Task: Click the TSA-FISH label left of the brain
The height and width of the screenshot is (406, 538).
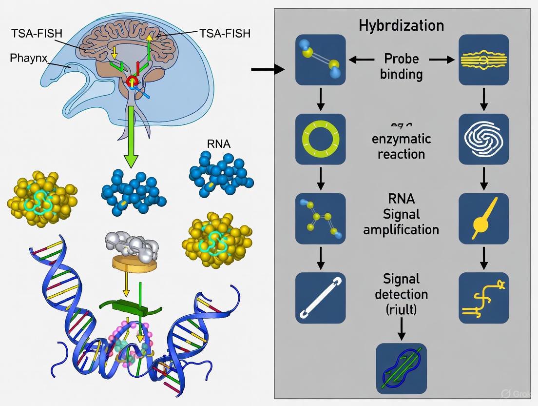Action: click(37, 34)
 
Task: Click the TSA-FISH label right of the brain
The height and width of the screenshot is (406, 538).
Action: click(225, 33)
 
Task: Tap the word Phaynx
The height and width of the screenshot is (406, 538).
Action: click(29, 59)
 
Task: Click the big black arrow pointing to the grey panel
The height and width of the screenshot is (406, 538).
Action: click(268, 70)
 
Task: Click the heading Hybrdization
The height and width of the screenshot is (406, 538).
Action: click(401, 25)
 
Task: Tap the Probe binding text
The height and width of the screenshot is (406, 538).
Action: click(402, 66)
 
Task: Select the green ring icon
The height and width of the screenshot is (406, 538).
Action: click(320, 139)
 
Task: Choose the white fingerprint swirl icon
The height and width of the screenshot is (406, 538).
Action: click(484, 139)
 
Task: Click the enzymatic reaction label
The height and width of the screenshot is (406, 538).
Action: click(402, 146)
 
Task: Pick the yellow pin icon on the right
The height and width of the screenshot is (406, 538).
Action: click(484, 218)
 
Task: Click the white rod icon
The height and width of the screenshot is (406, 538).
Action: click(320, 298)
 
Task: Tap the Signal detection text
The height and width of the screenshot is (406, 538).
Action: click(402, 286)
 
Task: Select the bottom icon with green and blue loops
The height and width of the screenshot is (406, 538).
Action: click(401, 368)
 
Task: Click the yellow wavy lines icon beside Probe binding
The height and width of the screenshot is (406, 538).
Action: click(484, 60)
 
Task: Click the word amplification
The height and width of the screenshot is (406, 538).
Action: click(402, 229)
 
